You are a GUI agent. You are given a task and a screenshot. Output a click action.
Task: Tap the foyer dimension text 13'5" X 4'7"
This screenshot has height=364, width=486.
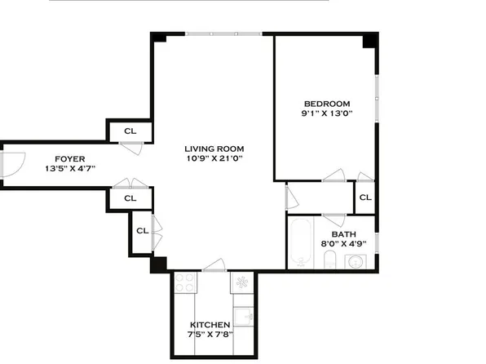coord(71,169)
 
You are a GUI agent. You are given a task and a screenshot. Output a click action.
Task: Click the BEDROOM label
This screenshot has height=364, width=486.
coord(327,104)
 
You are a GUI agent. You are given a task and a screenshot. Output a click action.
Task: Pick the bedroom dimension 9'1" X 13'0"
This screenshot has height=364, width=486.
coord(327,114)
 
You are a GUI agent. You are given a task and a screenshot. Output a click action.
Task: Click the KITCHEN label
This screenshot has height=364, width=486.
coord(210,325)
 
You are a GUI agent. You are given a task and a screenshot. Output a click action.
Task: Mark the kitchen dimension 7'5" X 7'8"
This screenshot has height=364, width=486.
coord(210,335)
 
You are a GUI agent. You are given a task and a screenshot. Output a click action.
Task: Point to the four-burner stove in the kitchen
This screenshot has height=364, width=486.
coord(185,282)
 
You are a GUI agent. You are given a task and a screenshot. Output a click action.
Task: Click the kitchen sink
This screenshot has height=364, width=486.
coord(243,316)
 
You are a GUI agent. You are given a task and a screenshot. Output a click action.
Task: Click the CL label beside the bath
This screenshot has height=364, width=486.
coord(364,197)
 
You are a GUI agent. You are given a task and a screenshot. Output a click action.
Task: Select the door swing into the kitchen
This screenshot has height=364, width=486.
coord(214,264)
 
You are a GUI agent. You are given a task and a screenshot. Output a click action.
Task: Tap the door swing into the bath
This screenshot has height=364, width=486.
coord(333,216)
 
